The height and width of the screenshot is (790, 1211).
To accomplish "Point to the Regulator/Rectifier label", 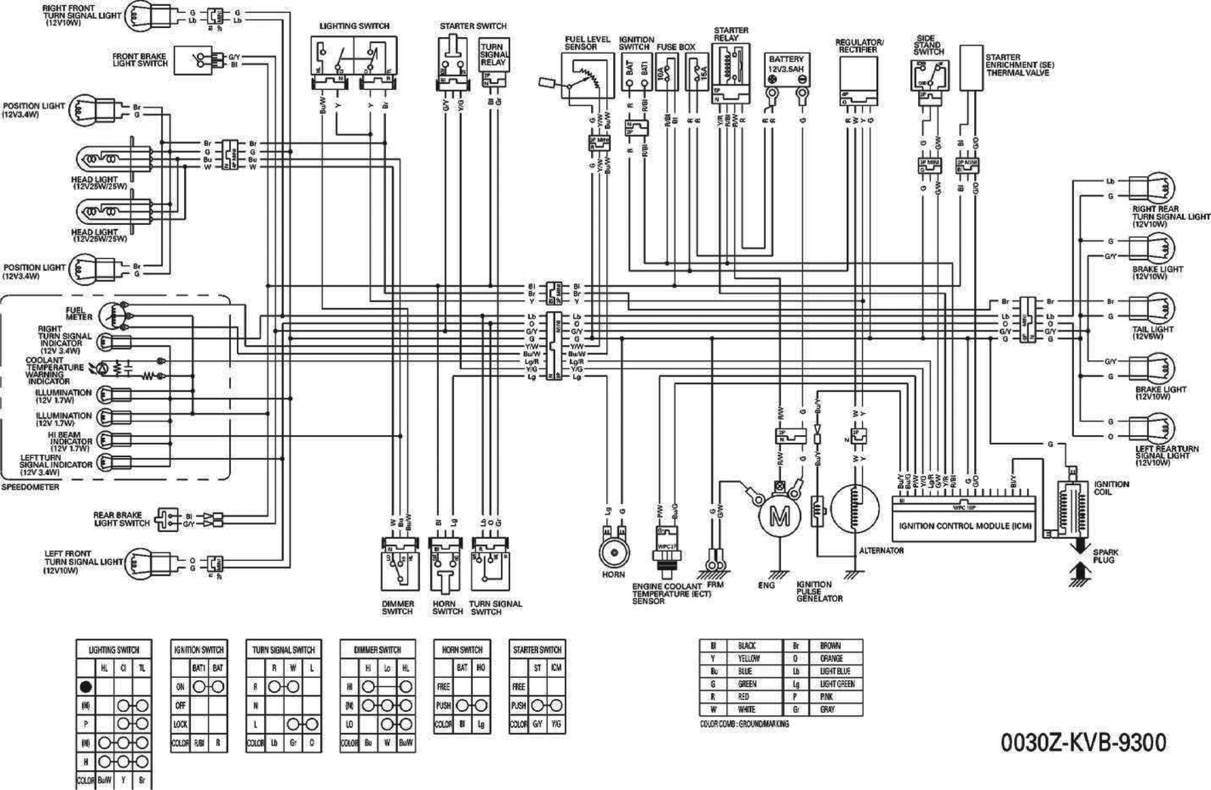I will coord(859,45).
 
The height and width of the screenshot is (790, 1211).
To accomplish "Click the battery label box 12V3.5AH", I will coord(786,64).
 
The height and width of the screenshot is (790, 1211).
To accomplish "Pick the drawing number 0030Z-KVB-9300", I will coord(1083,742).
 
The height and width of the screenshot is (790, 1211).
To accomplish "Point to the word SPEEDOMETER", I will coord(30,487).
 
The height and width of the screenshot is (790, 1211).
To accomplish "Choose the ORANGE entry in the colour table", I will coord(831,658).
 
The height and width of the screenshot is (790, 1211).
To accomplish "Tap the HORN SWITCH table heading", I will coord(462,649).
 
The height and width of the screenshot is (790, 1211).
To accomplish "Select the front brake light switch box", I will coord(194,60).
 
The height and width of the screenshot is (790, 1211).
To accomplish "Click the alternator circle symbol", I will coord(855,512).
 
